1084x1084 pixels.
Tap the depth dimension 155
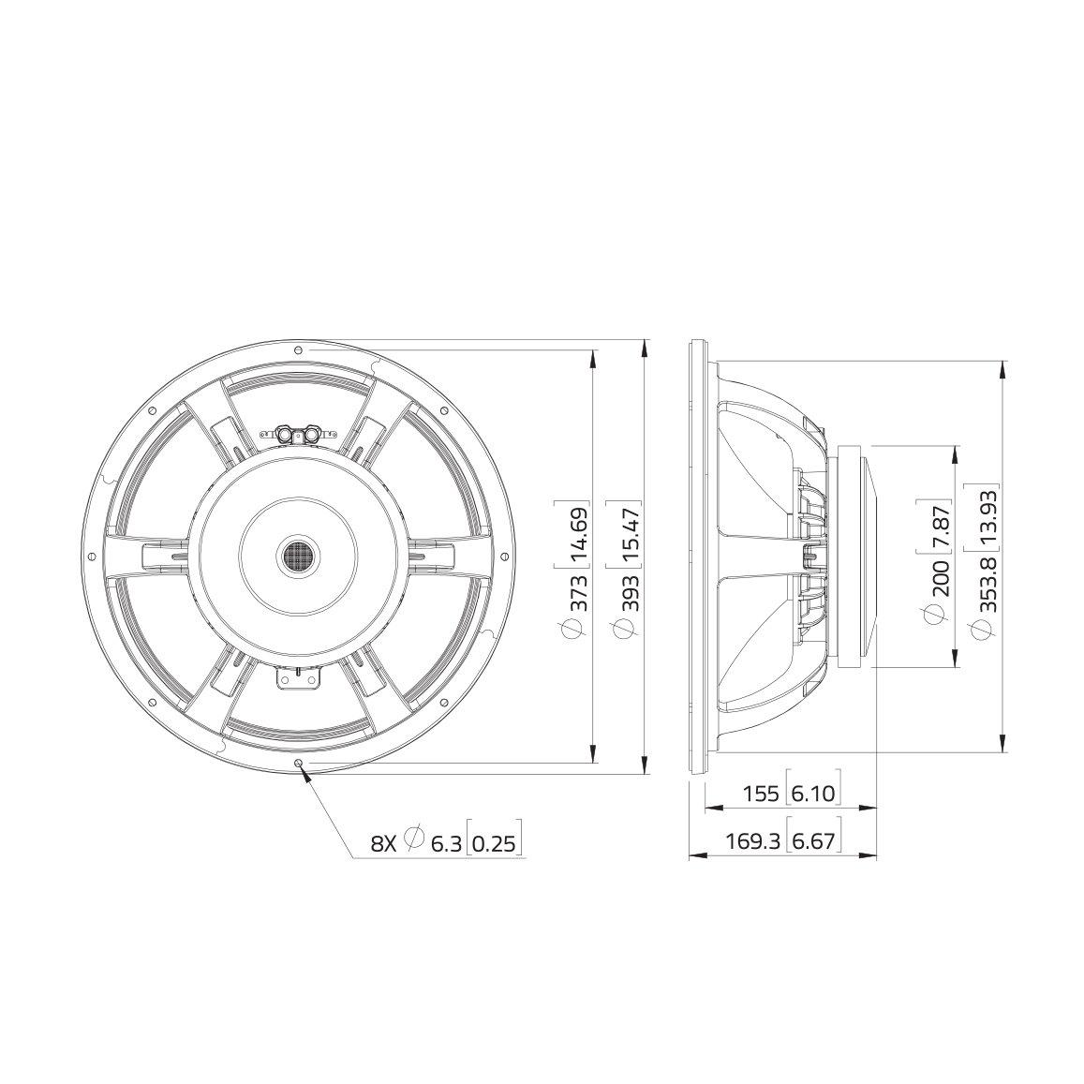[x=760, y=794]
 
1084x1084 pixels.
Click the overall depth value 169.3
[x=752, y=842]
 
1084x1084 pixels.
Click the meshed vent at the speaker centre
[x=299, y=557]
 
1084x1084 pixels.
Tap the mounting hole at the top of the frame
[x=298, y=350]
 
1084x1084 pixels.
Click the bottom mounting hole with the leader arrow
[x=299, y=764]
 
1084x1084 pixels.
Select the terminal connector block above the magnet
[x=298, y=434]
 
